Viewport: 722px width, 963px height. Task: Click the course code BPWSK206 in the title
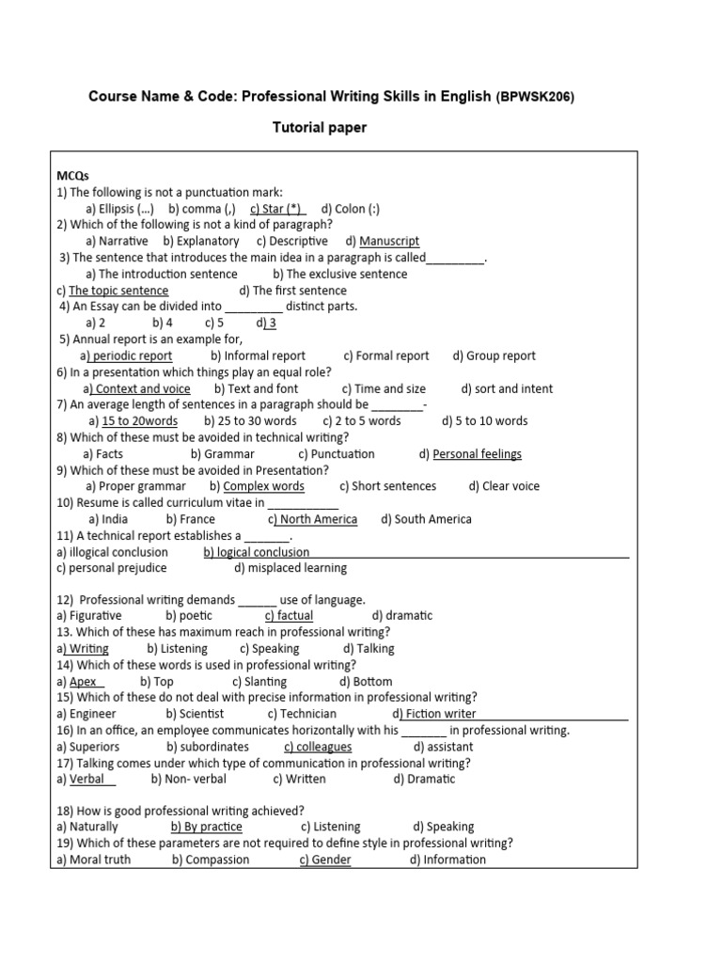537,96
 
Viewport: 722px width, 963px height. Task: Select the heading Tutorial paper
320,128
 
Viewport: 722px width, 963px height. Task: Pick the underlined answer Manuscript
388,242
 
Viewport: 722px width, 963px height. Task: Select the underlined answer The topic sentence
118,291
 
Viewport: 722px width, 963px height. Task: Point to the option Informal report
259,355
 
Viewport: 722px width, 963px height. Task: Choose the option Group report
494,355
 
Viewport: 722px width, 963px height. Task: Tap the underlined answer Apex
85,682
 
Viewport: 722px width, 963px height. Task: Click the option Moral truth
94,860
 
